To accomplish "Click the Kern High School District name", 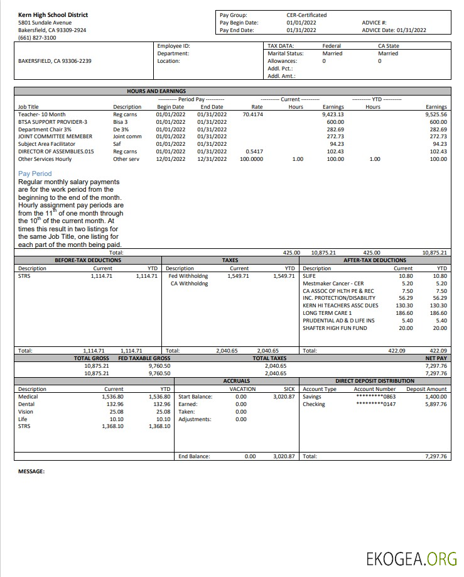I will click(x=53, y=14).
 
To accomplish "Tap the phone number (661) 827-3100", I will click(x=37, y=38).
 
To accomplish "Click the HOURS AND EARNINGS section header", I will click(x=156, y=91).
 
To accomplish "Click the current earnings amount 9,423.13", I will click(x=333, y=114).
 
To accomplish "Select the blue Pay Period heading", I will click(x=35, y=173).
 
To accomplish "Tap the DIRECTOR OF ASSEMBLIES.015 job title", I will click(x=56, y=151).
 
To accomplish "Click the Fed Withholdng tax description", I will click(x=188, y=276).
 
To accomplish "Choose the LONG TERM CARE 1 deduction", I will click(x=327, y=313).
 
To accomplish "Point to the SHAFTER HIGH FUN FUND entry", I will click(x=335, y=328).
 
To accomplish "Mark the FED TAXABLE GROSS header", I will click(x=144, y=358).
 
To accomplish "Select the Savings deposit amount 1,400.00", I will click(x=436, y=397).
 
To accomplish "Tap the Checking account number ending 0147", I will click(x=375, y=404).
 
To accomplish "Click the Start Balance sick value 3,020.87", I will click(x=284, y=397).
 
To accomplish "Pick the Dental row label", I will click(x=26, y=404).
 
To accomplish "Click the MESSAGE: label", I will click(x=31, y=471).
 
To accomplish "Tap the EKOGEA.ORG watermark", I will click(x=412, y=558).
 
